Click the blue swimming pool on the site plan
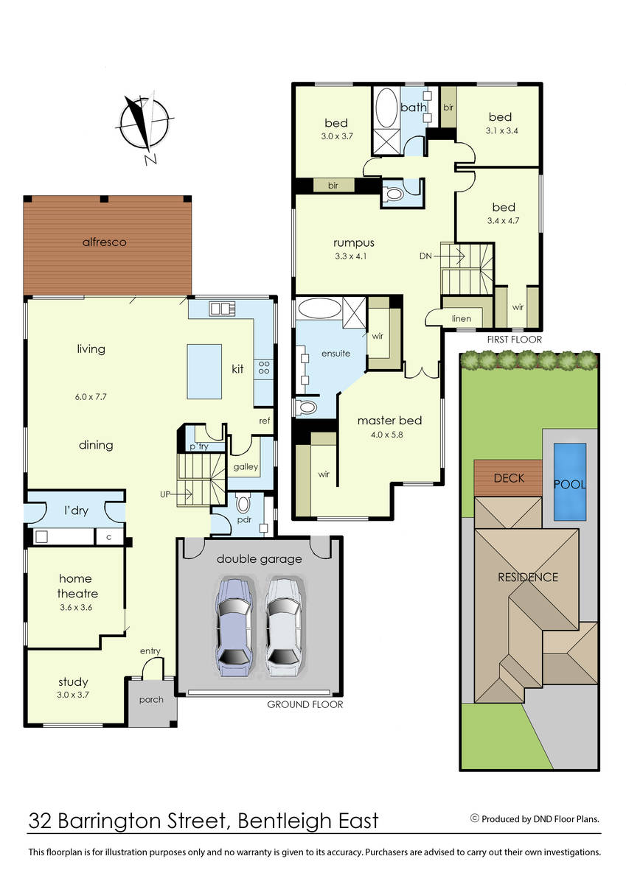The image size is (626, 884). pyautogui.click(x=569, y=482)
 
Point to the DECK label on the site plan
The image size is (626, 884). pyautogui.click(x=509, y=478)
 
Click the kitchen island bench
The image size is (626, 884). pyautogui.click(x=204, y=371)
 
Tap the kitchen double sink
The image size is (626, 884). pyautogui.click(x=222, y=308)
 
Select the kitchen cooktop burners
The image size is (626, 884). pyautogui.click(x=264, y=368)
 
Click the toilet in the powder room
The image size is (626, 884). pyautogui.click(x=243, y=504)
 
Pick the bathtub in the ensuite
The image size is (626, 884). pyautogui.click(x=319, y=308)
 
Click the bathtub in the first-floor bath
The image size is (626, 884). pyautogui.click(x=386, y=108)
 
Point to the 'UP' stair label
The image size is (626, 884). pyautogui.click(x=165, y=494)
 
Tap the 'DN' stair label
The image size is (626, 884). pyautogui.click(x=425, y=256)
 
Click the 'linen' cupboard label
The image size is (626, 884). pyautogui.click(x=462, y=318)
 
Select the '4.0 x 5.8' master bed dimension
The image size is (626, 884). pyautogui.click(x=386, y=435)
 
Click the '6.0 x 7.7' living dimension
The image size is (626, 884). pyautogui.click(x=91, y=396)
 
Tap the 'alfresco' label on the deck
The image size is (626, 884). pyautogui.click(x=104, y=242)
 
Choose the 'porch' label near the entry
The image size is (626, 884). pyautogui.click(x=151, y=700)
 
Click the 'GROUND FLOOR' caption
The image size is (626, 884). pyautogui.click(x=305, y=704)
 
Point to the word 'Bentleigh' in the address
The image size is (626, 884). pyautogui.click(x=285, y=821)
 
